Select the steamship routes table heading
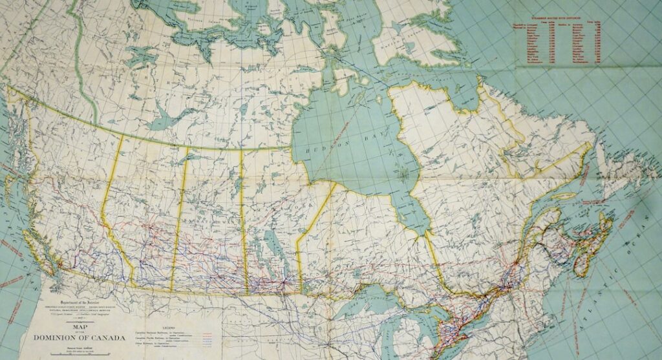coord(559,29)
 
